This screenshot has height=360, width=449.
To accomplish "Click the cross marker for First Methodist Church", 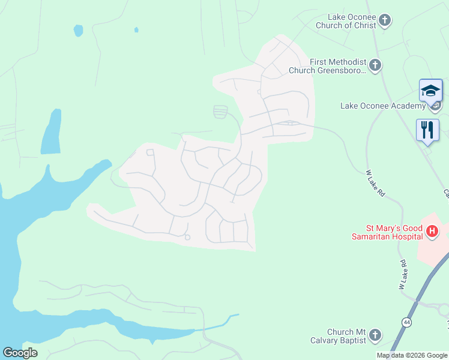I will pos(376,65).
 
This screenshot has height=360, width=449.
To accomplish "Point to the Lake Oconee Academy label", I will pos(382,106).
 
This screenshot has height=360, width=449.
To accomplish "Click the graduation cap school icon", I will pos(430,91).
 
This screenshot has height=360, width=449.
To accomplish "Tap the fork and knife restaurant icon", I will pos(427,130).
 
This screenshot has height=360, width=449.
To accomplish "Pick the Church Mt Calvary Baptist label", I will pos(346,336).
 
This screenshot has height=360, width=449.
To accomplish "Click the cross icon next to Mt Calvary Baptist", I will pos(375,335).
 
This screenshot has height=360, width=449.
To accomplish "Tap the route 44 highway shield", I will pos(408,323).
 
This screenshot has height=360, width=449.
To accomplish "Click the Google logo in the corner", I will pos(20,353).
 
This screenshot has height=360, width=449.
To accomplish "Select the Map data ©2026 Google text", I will pos(412,355).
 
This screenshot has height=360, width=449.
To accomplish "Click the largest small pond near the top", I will pos(78,31).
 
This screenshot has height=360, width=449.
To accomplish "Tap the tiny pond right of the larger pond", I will pos(136,29).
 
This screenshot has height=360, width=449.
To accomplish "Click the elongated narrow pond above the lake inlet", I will pos(52,132).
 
